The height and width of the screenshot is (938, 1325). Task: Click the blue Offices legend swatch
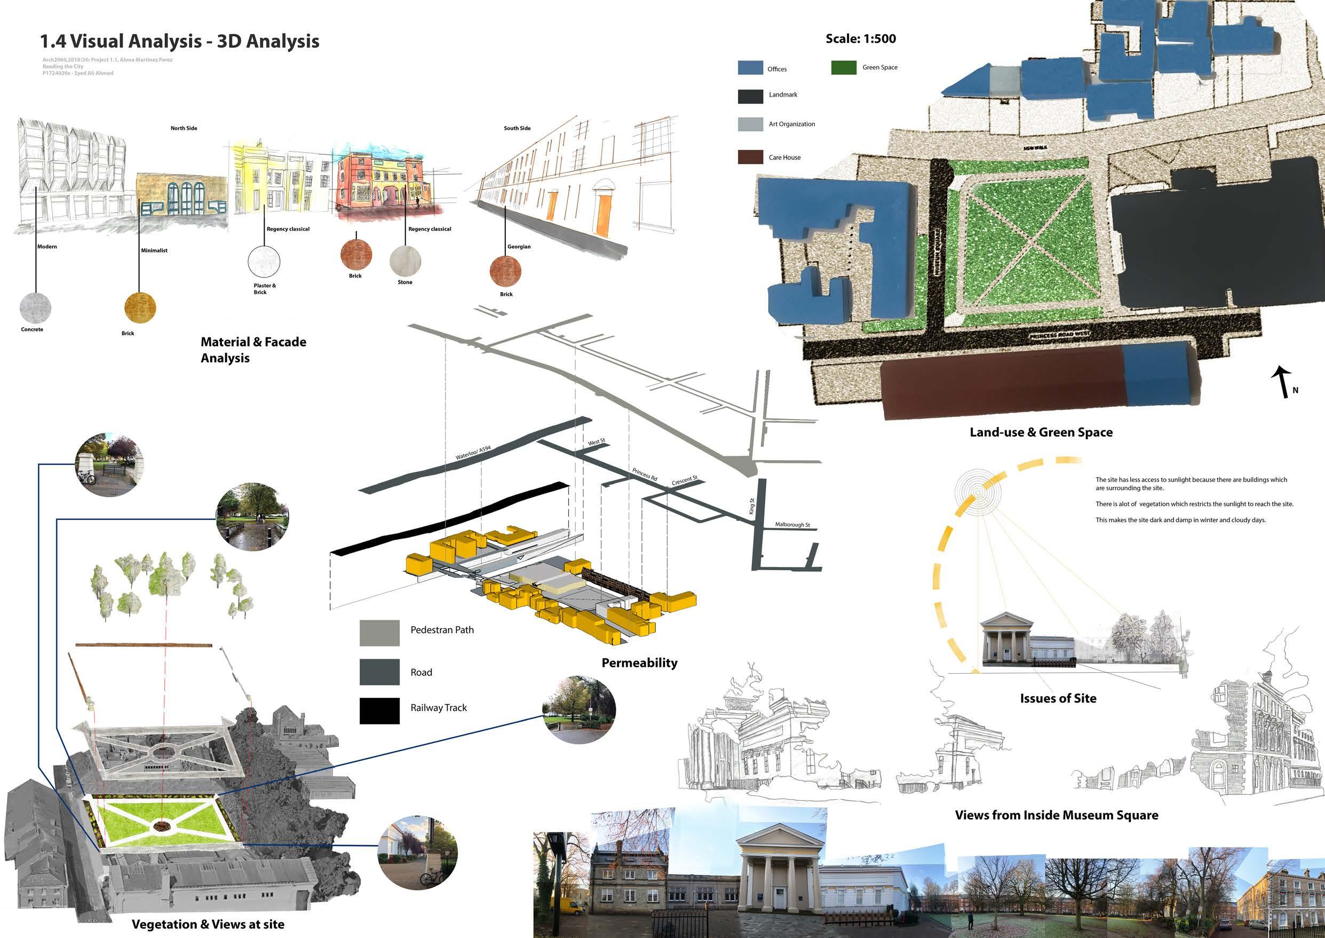(x=750, y=68)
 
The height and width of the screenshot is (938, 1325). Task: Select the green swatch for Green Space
(x=844, y=68)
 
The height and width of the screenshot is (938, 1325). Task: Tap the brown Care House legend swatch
(x=750, y=156)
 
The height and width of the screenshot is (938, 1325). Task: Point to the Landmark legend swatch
(x=750, y=96)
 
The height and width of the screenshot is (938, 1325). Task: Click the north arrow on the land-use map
(x=1282, y=382)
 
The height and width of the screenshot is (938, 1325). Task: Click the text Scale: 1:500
(x=860, y=38)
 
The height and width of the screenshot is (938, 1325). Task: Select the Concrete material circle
(x=35, y=308)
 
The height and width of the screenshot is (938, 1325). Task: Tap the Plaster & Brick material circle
(x=264, y=261)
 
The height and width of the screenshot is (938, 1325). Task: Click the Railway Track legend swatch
(x=379, y=711)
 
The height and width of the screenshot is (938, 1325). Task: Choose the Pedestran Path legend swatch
(x=379, y=633)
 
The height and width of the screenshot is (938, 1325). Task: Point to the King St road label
(x=751, y=506)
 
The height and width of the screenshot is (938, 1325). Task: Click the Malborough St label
(x=792, y=524)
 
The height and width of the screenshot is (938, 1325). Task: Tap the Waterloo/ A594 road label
(x=473, y=452)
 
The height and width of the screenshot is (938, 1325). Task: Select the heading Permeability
(x=639, y=663)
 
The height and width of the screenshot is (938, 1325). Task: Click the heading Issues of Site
(x=1058, y=698)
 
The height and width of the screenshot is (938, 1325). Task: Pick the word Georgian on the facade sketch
(x=519, y=247)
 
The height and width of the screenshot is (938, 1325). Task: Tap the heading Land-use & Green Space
(x=1041, y=432)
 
